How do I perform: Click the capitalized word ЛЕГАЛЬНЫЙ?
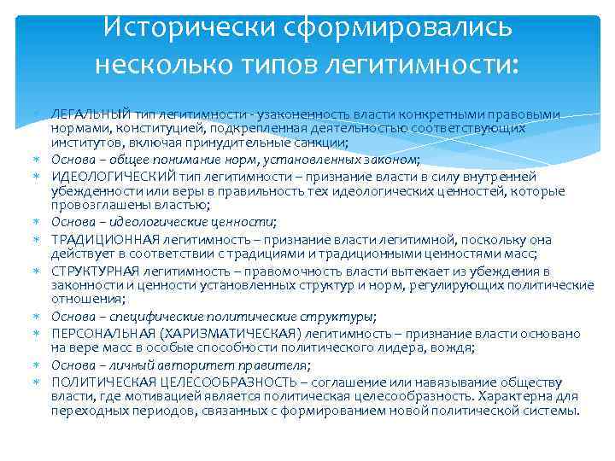click(87, 114)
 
